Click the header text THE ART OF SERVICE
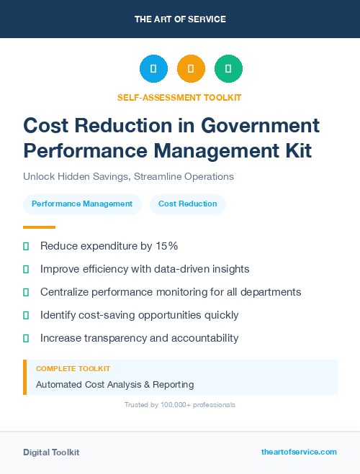point(180,19)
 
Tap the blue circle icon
point(153,69)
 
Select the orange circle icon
point(191,69)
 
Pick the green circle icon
point(228,69)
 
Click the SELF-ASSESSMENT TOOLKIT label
point(179,97)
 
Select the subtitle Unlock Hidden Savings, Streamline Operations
point(128,176)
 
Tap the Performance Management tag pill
point(82,204)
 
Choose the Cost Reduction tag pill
point(187,204)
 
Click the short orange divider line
point(39,227)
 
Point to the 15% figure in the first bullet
point(166,246)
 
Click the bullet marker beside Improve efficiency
point(26,269)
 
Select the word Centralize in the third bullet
point(66,292)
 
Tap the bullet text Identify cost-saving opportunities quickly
point(139,315)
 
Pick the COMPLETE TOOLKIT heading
point(73,368)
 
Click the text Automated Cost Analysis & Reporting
point(114,385)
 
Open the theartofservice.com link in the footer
point(299,452)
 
